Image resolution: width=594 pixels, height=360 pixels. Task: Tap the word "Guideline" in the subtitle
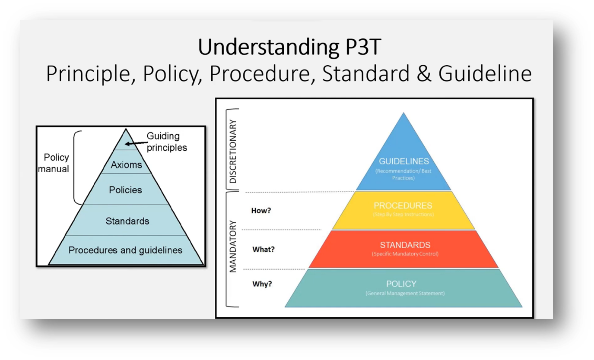[485, 74]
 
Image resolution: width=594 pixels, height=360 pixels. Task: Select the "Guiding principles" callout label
[166, 142]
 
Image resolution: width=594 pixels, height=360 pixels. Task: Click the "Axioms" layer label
[126, 164]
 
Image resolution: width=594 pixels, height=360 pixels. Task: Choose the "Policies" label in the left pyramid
[125, 190]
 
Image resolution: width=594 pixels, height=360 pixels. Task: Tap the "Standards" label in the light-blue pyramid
[127, 221]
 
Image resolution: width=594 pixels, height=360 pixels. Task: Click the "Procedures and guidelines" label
[125, 250]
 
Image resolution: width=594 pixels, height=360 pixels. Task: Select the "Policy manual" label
[54, 163]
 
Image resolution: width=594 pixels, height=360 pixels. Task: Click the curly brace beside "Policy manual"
[77, 167]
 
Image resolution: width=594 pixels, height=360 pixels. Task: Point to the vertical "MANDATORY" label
[233, 247]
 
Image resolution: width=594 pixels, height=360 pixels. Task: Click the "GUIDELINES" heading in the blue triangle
[403, 161]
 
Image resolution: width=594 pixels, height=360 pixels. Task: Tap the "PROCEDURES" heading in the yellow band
[403, 206]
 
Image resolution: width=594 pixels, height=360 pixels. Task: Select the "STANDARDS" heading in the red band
[405, 245]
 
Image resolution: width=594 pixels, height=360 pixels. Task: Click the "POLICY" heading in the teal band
[401, 284]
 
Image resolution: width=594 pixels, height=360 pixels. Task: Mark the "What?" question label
[263, 249]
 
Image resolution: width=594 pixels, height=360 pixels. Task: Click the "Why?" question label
[262, 284]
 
